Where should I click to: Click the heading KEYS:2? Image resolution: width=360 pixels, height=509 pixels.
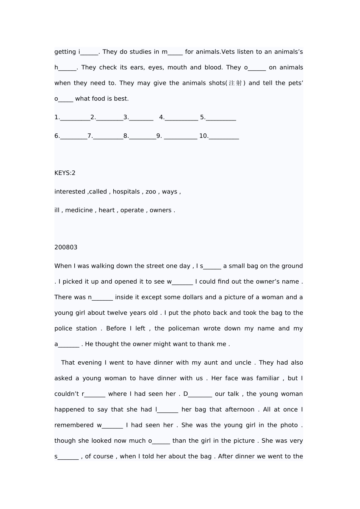point(65,173)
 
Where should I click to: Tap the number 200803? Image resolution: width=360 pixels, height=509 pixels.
point(66,247)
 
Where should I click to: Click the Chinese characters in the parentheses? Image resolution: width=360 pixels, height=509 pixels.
point(235,83)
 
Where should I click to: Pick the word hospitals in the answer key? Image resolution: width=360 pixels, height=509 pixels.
point(126,192)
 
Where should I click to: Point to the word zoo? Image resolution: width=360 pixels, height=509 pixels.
point(151,192)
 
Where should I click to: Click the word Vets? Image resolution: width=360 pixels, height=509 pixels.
point(229,52)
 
